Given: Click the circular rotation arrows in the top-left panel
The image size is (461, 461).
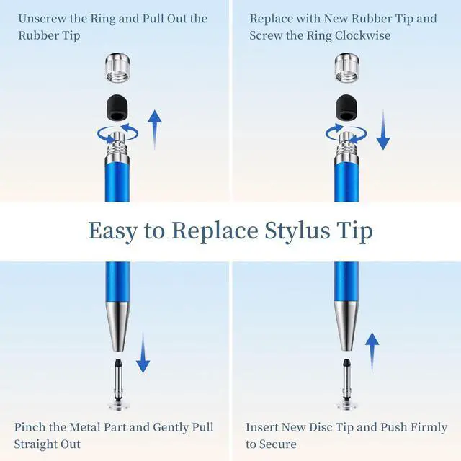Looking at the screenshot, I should pos(118,130).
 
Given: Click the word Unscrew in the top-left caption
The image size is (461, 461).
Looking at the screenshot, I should pos(44,18).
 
